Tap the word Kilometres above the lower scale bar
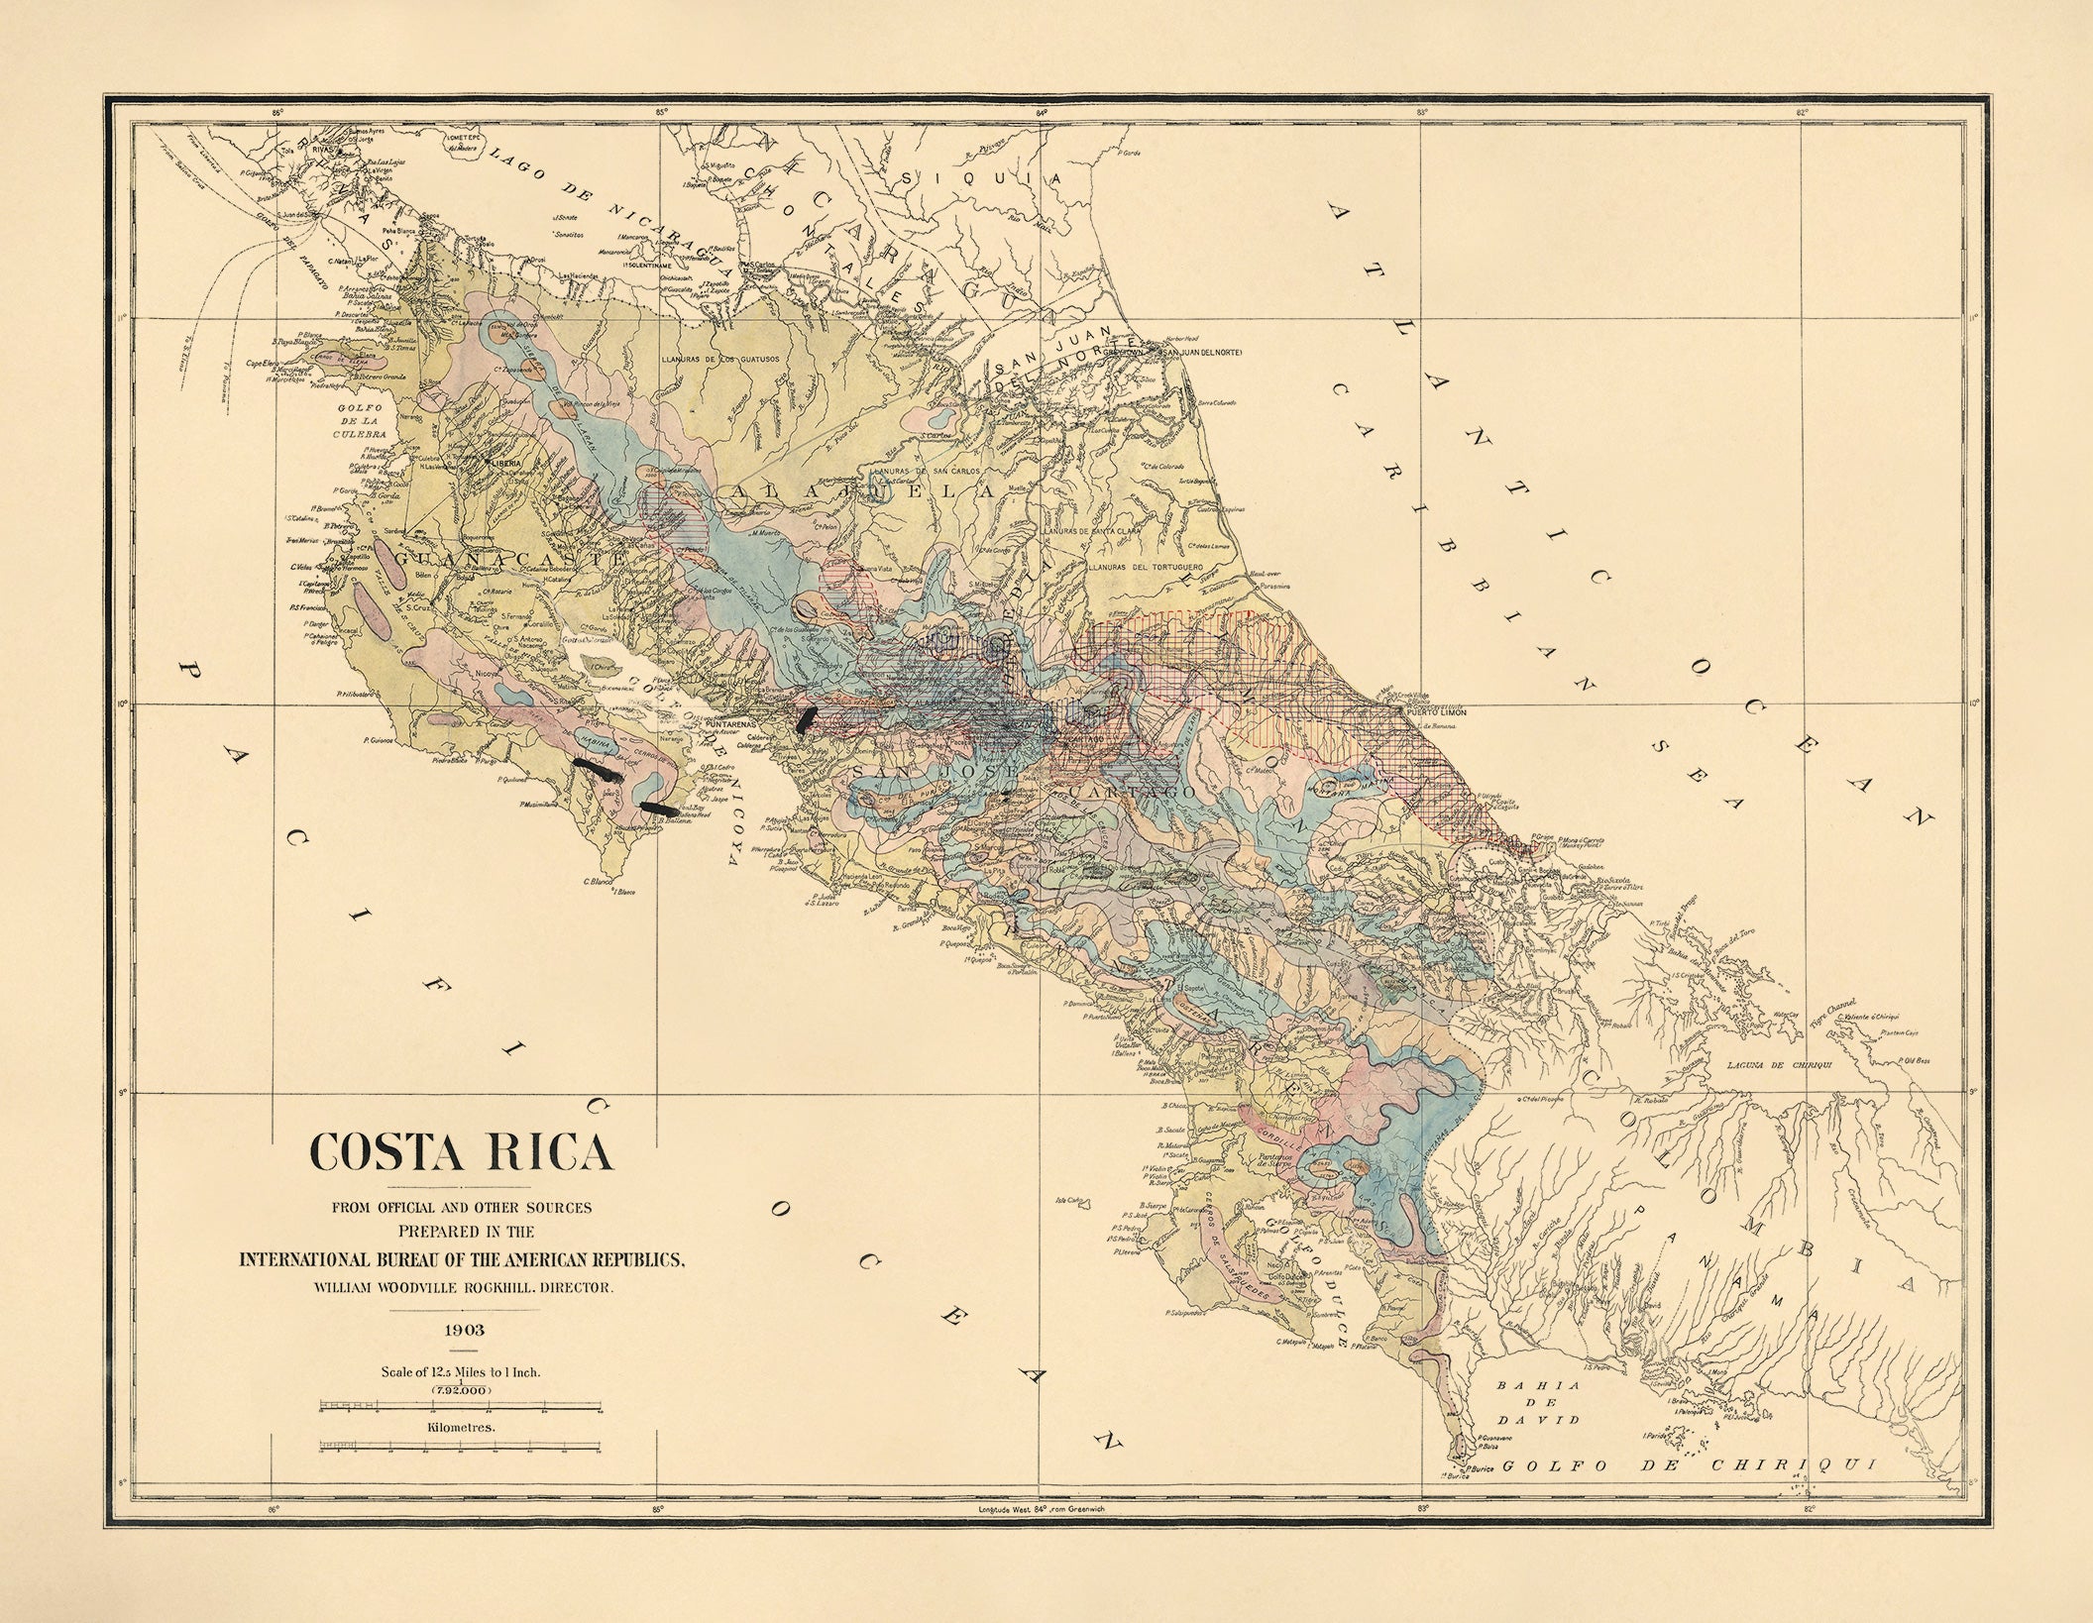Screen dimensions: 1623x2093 click(x=462, y=1428)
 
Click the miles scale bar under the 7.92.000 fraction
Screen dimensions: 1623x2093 click(x=461, y=1406)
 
